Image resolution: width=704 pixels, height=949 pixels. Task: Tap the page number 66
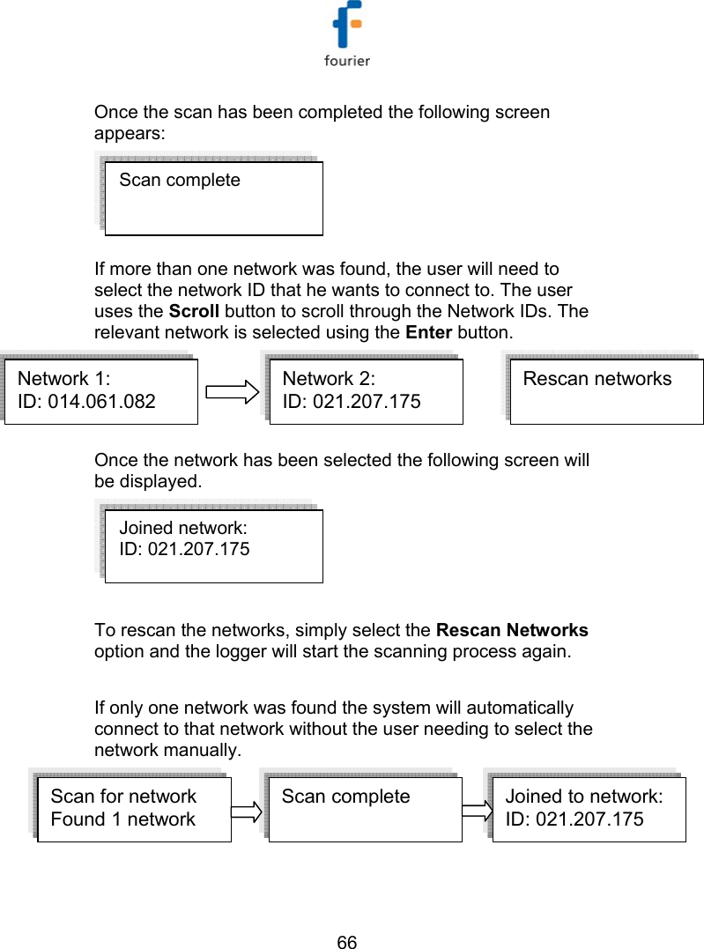(347, 943)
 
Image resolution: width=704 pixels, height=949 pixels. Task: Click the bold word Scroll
(195, 311)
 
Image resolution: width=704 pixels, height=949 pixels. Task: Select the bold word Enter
(429, 333)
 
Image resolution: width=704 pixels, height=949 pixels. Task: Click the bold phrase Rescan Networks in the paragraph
(512, 630)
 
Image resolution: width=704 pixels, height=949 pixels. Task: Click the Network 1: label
(64, 379)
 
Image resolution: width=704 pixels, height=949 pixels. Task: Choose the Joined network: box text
(183, 528)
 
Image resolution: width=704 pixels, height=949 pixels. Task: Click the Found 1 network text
(122, 819)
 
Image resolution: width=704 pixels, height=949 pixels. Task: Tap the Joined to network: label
(583, 797)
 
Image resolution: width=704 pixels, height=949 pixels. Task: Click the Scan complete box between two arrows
(365, 809)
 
